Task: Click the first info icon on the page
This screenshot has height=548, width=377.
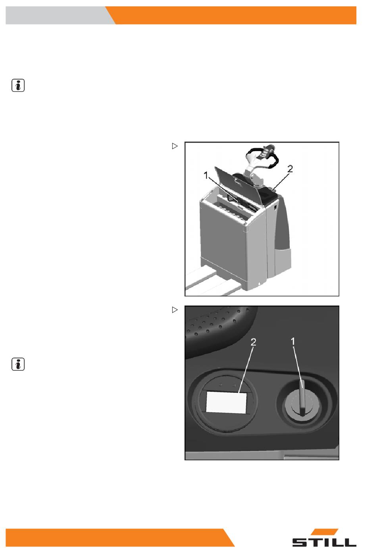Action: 18,86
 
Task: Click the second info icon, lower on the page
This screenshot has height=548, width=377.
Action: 18,364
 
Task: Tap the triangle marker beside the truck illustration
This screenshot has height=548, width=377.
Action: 175,146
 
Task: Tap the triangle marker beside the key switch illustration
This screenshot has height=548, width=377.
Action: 175,310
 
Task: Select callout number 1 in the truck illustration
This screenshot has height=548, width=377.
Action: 206,175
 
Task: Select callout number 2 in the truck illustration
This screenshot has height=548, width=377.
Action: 290,169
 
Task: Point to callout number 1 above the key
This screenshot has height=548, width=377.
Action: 293,342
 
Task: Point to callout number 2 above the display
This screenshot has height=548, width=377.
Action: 254,342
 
